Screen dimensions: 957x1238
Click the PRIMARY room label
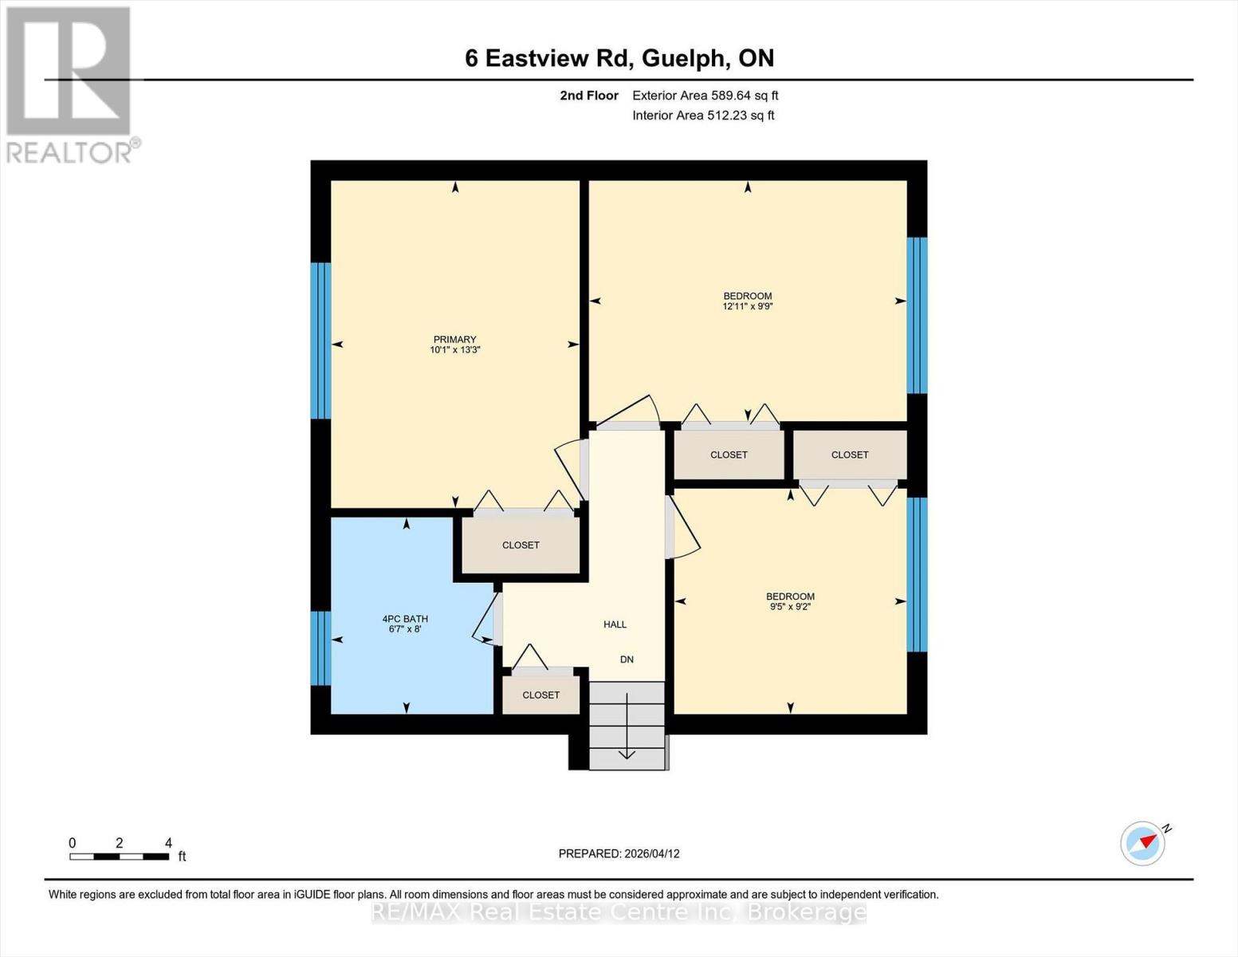point(454,339)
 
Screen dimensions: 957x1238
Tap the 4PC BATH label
point(405,619)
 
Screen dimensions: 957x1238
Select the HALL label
point(615,624)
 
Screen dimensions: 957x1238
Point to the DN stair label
point(627,660)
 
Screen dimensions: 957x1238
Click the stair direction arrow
point(627,726)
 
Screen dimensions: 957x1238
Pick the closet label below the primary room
point(521,545)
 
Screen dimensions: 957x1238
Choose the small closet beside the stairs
point(540,695)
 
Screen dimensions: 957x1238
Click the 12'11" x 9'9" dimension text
point(748,306)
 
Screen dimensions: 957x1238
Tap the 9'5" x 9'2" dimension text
point(790,607)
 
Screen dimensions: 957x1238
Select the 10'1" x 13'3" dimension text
point(454,350)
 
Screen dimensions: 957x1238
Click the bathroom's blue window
point(320,648)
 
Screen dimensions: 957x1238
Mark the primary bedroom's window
point(320,341)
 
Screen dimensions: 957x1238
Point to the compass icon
point(1143,842)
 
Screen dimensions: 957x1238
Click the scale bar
point(119,857)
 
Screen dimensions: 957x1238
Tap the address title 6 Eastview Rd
point(619,58)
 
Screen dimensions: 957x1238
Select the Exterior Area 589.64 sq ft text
point(705,96)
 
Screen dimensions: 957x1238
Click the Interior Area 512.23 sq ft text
point(703,116)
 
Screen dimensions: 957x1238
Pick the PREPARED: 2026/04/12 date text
point(619,853)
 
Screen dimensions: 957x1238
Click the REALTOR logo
point(69,84)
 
